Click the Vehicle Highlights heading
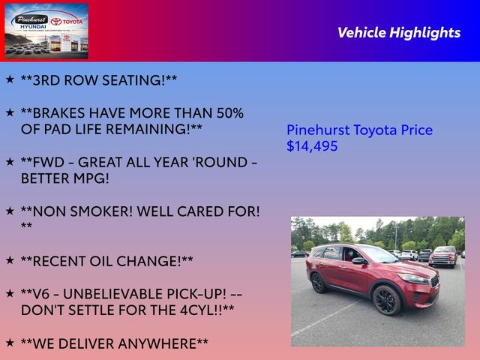(399, 33)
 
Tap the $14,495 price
(312, 146)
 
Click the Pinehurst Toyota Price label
(359, 130)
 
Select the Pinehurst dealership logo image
(46, 31)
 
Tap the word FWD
(49, 162)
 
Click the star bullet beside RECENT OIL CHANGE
(10, 260)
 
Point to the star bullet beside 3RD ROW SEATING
(10, 79)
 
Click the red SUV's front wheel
(387, 300)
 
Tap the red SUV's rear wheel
(318, 283)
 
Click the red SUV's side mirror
(359, 261)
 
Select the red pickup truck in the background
(443, 256)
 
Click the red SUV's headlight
(413, 278)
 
